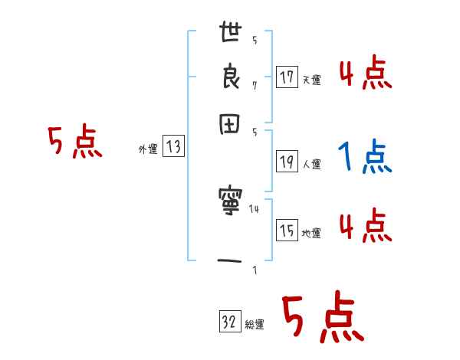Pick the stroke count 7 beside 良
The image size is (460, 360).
(255, 85)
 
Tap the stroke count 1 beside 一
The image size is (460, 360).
(255, 270)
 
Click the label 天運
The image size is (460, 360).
(311, 80)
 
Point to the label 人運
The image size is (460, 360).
(311, 163)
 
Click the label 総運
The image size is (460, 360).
(255, 325)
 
